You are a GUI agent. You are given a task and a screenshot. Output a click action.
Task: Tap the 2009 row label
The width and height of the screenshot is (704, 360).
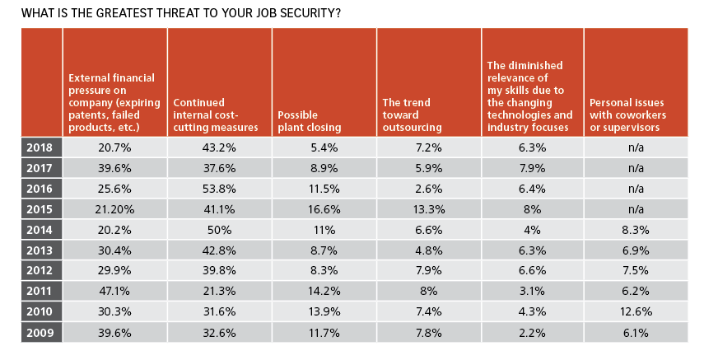(40, 333)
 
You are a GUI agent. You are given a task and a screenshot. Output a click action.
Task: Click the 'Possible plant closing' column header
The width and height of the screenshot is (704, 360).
(308, 121)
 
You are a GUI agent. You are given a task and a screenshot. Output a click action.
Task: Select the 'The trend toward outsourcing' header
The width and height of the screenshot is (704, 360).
(407, 115)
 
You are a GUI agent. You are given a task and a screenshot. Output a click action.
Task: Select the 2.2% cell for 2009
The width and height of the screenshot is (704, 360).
(532, 333)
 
